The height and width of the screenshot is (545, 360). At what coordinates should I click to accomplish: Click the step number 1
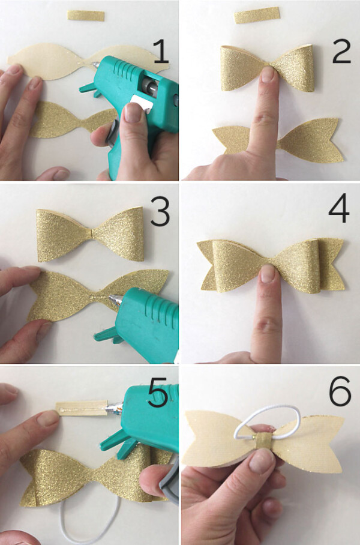(x=161, y=51)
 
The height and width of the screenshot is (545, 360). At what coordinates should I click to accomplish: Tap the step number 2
(x=340, y=52)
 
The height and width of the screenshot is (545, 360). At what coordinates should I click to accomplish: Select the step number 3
(x=160, y=214)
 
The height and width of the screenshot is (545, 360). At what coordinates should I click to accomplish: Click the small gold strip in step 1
(x=86, y=16)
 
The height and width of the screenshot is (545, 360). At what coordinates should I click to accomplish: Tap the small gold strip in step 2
(x=257, y=15)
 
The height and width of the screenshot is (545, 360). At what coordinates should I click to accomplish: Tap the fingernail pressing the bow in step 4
(x=268, y=274)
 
